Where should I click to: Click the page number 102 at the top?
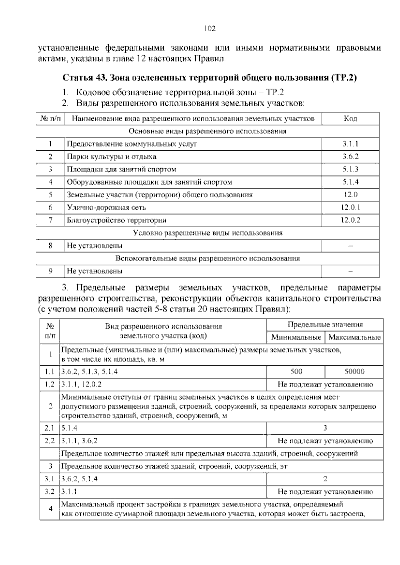point(210,29)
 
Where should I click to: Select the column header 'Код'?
point(350,119)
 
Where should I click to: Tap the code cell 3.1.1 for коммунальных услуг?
point(350,144)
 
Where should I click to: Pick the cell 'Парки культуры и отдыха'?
point(111,157)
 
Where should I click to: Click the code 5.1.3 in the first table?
point(350,169)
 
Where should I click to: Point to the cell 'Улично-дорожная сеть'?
point(106,208)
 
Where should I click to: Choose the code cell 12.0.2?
point(350,220)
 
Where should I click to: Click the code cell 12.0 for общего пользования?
point(350,195)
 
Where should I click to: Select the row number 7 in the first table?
point(50,220)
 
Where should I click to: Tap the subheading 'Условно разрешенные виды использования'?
point(207,233)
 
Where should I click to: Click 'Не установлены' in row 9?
point(94,271)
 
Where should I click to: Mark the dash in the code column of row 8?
point(350,246)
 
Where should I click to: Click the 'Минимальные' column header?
point(296,337)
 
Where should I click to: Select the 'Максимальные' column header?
point(354,337)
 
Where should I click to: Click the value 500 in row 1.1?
point(296,372)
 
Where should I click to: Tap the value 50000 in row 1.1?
point(354,372)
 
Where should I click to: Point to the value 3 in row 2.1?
point(325,428)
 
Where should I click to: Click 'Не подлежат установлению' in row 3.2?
point(325,492)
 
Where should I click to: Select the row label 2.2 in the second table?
point(49,441)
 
